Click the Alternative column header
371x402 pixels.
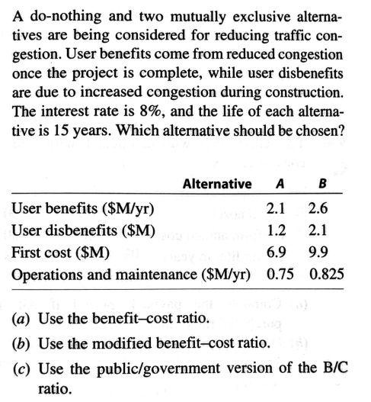tap(217, 184)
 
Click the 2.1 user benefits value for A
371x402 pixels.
tap(278, 210)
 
